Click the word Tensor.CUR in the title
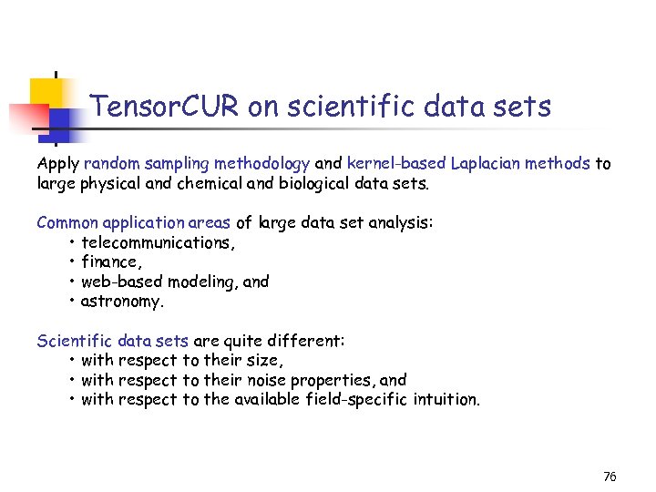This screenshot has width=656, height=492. tap(166, 108)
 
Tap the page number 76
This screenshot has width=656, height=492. tap(610, 477)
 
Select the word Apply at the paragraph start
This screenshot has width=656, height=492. tap(57, 164)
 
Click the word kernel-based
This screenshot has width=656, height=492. tap(397, 164)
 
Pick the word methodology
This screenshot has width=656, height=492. tap(264, 164)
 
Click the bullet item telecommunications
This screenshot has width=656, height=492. tap(158, 242)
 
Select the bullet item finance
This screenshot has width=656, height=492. tap(110, 262)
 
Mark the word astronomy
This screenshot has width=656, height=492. tap(122, 302)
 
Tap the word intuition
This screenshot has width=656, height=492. tap(446, 399)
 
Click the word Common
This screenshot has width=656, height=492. tap(67, 223)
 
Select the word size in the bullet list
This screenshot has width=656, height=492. tap(259, 360)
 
